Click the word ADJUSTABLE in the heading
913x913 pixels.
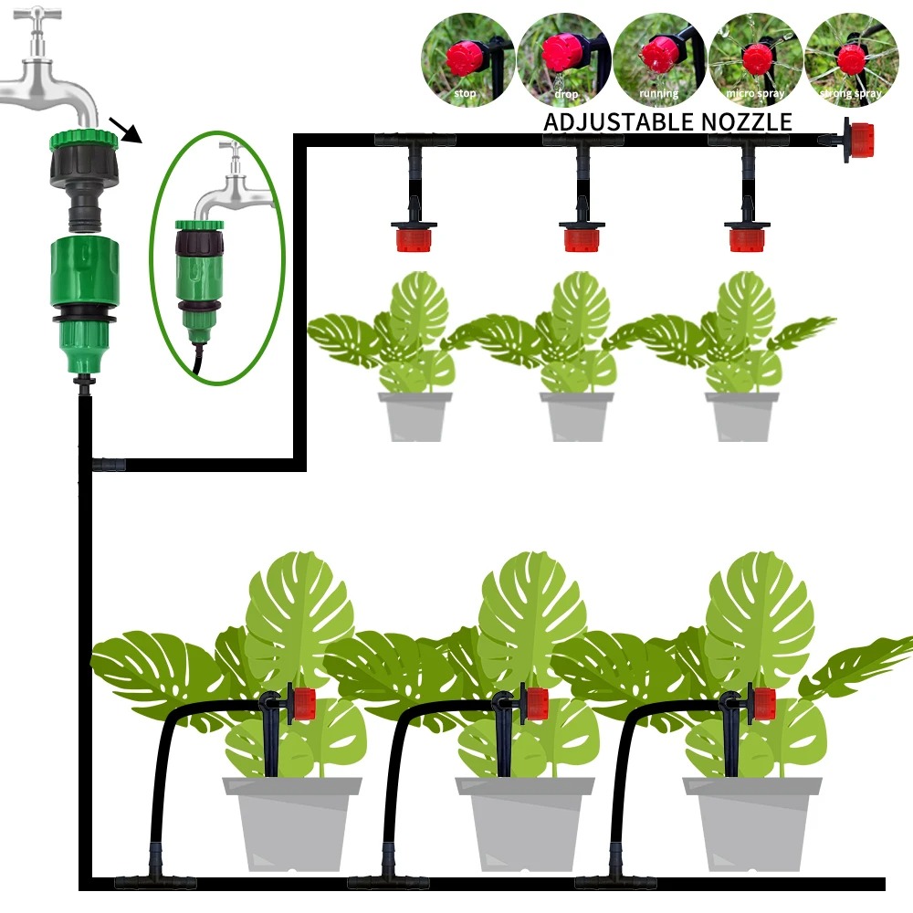point(620,121)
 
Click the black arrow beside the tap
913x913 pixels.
point(127,129)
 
